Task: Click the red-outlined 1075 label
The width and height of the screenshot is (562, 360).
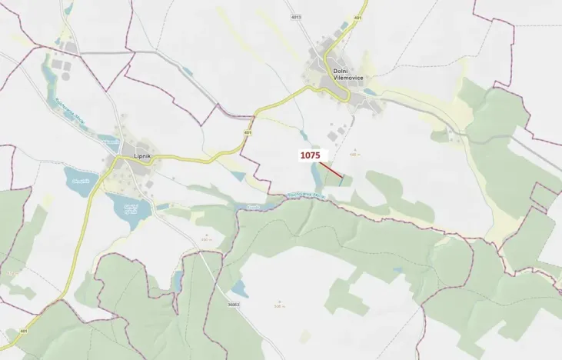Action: (x=310, y=155)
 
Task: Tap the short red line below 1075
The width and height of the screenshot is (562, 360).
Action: (x=331, y=170)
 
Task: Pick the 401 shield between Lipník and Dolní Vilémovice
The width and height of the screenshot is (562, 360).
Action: (x=248, y=132)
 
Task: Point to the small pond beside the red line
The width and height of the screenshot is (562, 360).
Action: (x=316, y=179)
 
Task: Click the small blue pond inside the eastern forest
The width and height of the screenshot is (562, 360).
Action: (x=397, y=270)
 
